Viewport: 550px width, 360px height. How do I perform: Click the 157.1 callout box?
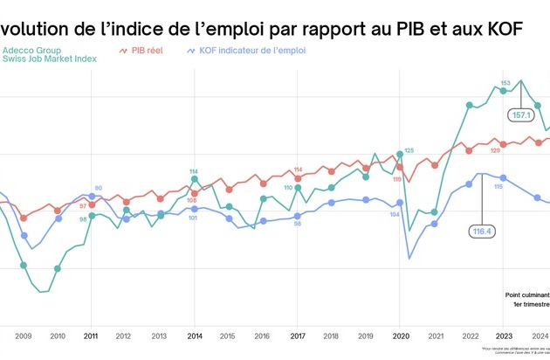(x=521, y=114)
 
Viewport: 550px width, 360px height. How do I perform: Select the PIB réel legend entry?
(x=144, y=51)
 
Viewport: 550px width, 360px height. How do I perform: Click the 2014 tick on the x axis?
(x=194, y=336)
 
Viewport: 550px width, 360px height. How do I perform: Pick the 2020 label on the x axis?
(x=400, y=336)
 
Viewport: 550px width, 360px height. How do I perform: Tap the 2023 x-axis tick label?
(x=504, y=336)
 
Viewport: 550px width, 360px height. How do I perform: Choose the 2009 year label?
(x=23, y=336)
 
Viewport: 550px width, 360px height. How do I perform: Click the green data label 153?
(x=505, y=83)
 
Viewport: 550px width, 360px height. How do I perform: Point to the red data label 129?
(x=495, y=151)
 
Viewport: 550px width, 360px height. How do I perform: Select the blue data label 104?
(x=395, y=214)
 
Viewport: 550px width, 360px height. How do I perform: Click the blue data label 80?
(x=99, y=188)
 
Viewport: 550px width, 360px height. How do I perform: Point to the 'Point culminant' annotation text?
(x=526, y=295)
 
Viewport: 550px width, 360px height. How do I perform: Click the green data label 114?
(x=194, y=171)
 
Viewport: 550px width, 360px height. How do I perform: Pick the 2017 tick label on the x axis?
(x=297, y=336)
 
